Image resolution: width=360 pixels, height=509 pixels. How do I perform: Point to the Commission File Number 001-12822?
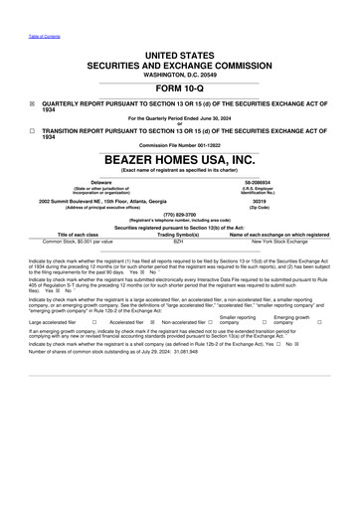179,145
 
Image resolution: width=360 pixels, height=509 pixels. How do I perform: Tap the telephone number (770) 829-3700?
179,213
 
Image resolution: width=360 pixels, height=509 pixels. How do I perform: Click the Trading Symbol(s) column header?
179,235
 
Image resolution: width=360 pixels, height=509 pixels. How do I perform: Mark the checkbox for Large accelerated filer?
92,322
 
